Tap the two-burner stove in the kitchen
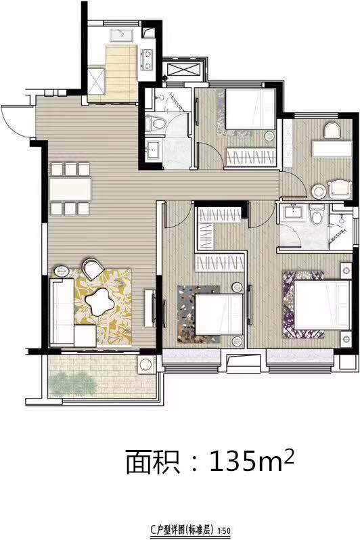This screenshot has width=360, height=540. click(147, 60)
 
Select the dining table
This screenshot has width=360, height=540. click(70, 189)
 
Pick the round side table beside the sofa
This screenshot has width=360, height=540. click(62, 272)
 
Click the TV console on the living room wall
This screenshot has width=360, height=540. click(149, 308)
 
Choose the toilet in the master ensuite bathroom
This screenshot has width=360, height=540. click(317, 214)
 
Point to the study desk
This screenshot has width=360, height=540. click(332, 148)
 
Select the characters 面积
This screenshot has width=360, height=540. click(153, 462)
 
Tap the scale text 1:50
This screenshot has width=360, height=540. click(225, 531)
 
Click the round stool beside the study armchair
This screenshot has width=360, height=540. click(319, 190)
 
